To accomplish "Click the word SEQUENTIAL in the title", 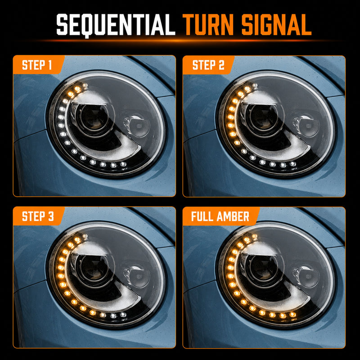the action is click(x=116, y=25).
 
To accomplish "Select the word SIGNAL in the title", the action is click(x=276, y=25).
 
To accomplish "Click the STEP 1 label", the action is click(x=37, y=65).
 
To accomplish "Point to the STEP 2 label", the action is click(x=208, y=65).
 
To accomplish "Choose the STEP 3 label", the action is click(x=38, y=216).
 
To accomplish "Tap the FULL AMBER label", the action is click(x=220, y=216).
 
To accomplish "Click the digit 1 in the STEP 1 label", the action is click(x=49, y=65).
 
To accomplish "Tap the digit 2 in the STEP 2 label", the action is click(x=221, y=65).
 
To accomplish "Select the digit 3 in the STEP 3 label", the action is click(x=51, y=216).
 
